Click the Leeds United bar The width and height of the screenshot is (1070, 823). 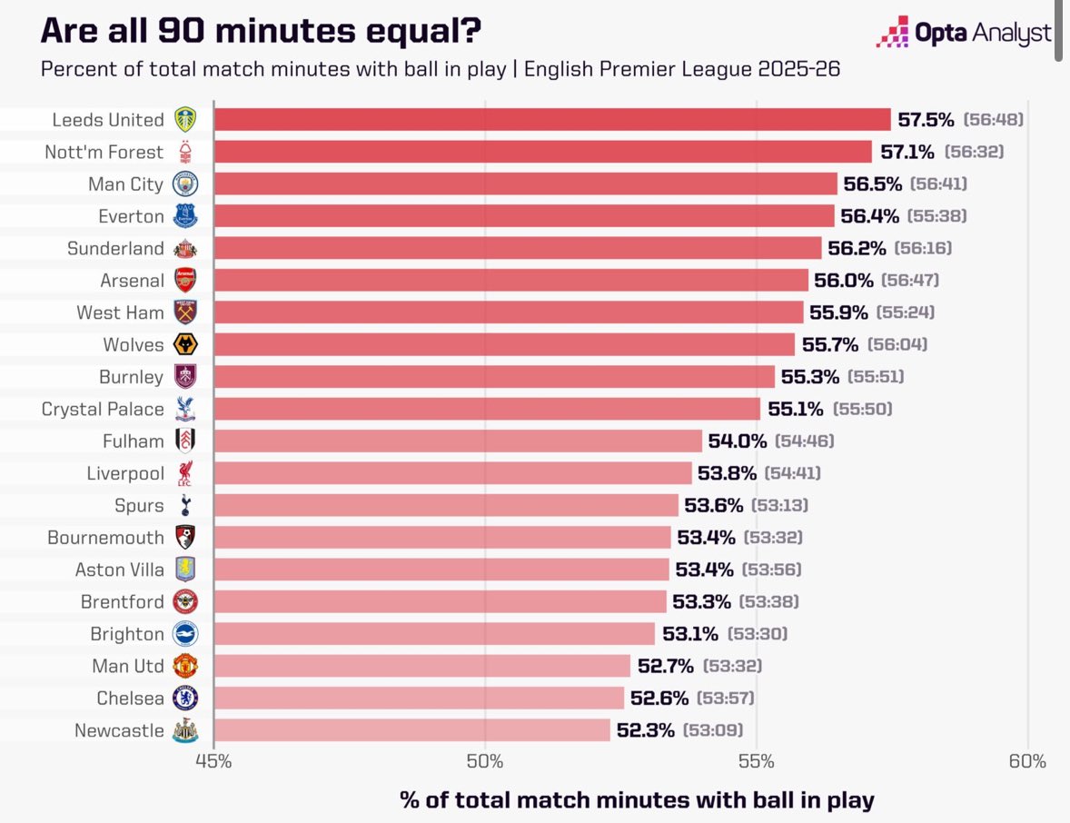552,120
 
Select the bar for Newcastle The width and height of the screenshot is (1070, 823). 411,730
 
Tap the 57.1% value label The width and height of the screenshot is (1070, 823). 907,152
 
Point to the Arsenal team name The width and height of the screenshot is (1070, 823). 133,281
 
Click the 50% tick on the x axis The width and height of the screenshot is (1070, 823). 485,761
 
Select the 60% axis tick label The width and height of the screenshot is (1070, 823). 1027,761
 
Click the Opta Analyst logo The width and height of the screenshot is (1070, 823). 964,34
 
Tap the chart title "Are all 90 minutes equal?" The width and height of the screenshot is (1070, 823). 261,32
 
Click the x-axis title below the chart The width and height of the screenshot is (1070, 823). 637,799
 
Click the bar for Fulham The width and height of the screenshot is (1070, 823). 458,441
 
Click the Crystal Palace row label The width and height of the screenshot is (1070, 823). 103,409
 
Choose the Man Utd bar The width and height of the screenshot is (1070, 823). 422,666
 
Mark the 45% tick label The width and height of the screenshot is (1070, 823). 213,761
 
